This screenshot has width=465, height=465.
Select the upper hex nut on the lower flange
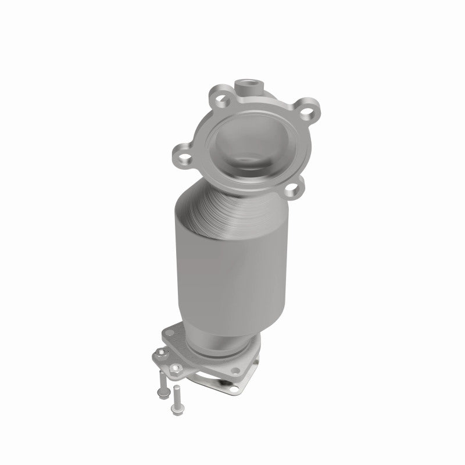[x=157, y=353]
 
